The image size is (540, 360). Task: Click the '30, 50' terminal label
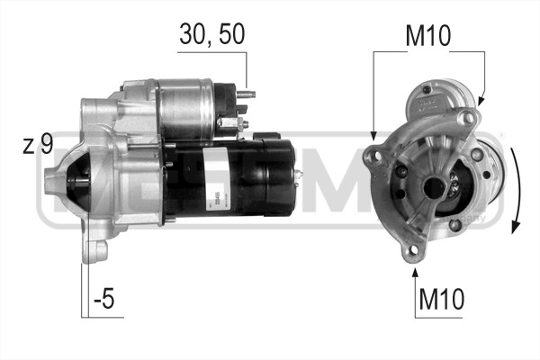tap(211, 34)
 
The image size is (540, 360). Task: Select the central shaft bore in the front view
tap(434, 187)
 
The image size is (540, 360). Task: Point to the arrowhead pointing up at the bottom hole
tap(415, 269)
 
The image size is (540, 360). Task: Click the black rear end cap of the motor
tap(288, 175)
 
